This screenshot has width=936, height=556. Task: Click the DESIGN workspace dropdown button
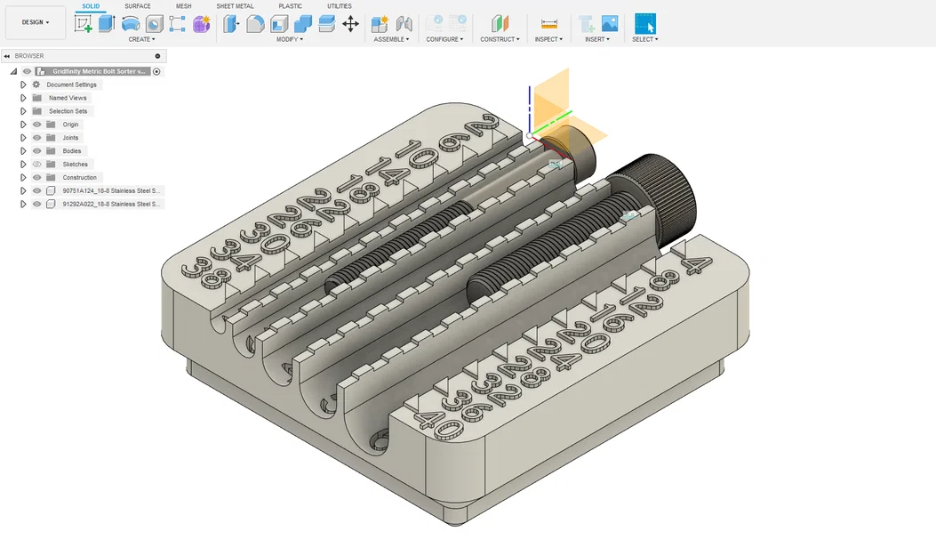[36, 22]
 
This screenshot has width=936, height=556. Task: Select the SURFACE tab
[137, 6]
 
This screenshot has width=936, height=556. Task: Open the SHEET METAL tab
[235, 6]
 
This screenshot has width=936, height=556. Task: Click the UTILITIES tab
[339, 6]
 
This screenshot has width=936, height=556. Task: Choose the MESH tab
[183, 6]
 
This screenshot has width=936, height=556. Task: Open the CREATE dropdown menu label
[141, 39]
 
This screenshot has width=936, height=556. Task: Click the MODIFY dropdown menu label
[289, 39]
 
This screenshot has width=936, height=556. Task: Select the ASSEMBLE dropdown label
[391, 39]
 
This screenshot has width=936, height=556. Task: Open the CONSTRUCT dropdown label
[500, 39]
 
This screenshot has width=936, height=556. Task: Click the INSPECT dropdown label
[548, 39]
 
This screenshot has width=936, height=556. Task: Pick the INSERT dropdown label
[597, 39]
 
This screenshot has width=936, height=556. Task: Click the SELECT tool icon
[645, 24]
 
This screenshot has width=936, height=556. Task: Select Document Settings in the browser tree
[71, 85]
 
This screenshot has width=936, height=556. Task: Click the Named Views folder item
[68, 98]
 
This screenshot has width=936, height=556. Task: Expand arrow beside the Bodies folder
[24, 151]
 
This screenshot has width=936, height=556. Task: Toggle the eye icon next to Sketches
[37, 165]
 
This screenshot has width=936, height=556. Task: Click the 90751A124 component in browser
[112, 190]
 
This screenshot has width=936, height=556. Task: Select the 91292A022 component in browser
[112, 204]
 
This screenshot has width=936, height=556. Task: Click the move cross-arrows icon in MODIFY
[351, 24]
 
